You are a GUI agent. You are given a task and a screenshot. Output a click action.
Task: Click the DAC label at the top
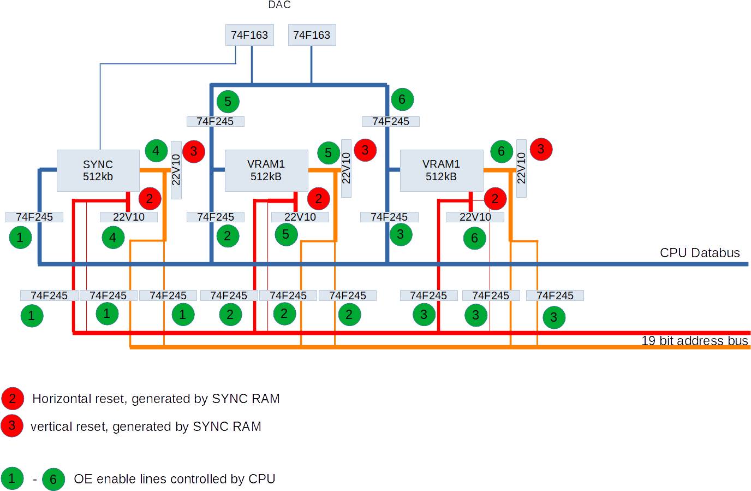279,5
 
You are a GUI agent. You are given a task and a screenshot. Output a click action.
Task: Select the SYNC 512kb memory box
98,170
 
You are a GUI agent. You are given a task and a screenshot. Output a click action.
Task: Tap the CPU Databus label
700,253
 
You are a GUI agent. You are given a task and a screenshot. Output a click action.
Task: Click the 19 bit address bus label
694,341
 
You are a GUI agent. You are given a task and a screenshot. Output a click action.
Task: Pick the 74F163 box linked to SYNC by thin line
249,35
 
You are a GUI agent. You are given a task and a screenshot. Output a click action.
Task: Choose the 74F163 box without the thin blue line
312,35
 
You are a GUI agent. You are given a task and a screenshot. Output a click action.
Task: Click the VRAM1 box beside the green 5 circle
266,170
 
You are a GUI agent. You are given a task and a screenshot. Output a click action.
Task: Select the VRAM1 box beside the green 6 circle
442,170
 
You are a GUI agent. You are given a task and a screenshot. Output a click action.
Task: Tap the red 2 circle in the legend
13,399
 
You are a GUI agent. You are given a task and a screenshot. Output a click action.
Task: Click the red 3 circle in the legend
12,426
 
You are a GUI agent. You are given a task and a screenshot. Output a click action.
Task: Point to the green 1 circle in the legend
12,478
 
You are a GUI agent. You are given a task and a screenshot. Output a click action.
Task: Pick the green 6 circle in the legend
53,480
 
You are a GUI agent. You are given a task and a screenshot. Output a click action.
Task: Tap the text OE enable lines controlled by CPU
174,479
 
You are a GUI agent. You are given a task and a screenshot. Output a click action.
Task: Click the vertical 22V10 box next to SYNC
176,169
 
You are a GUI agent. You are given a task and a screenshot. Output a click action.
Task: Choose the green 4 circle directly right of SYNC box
156,151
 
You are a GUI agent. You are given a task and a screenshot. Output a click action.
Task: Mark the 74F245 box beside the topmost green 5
215,121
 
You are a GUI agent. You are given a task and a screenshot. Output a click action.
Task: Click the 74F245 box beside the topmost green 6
391,121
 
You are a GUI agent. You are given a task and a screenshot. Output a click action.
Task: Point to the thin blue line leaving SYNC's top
100,109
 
